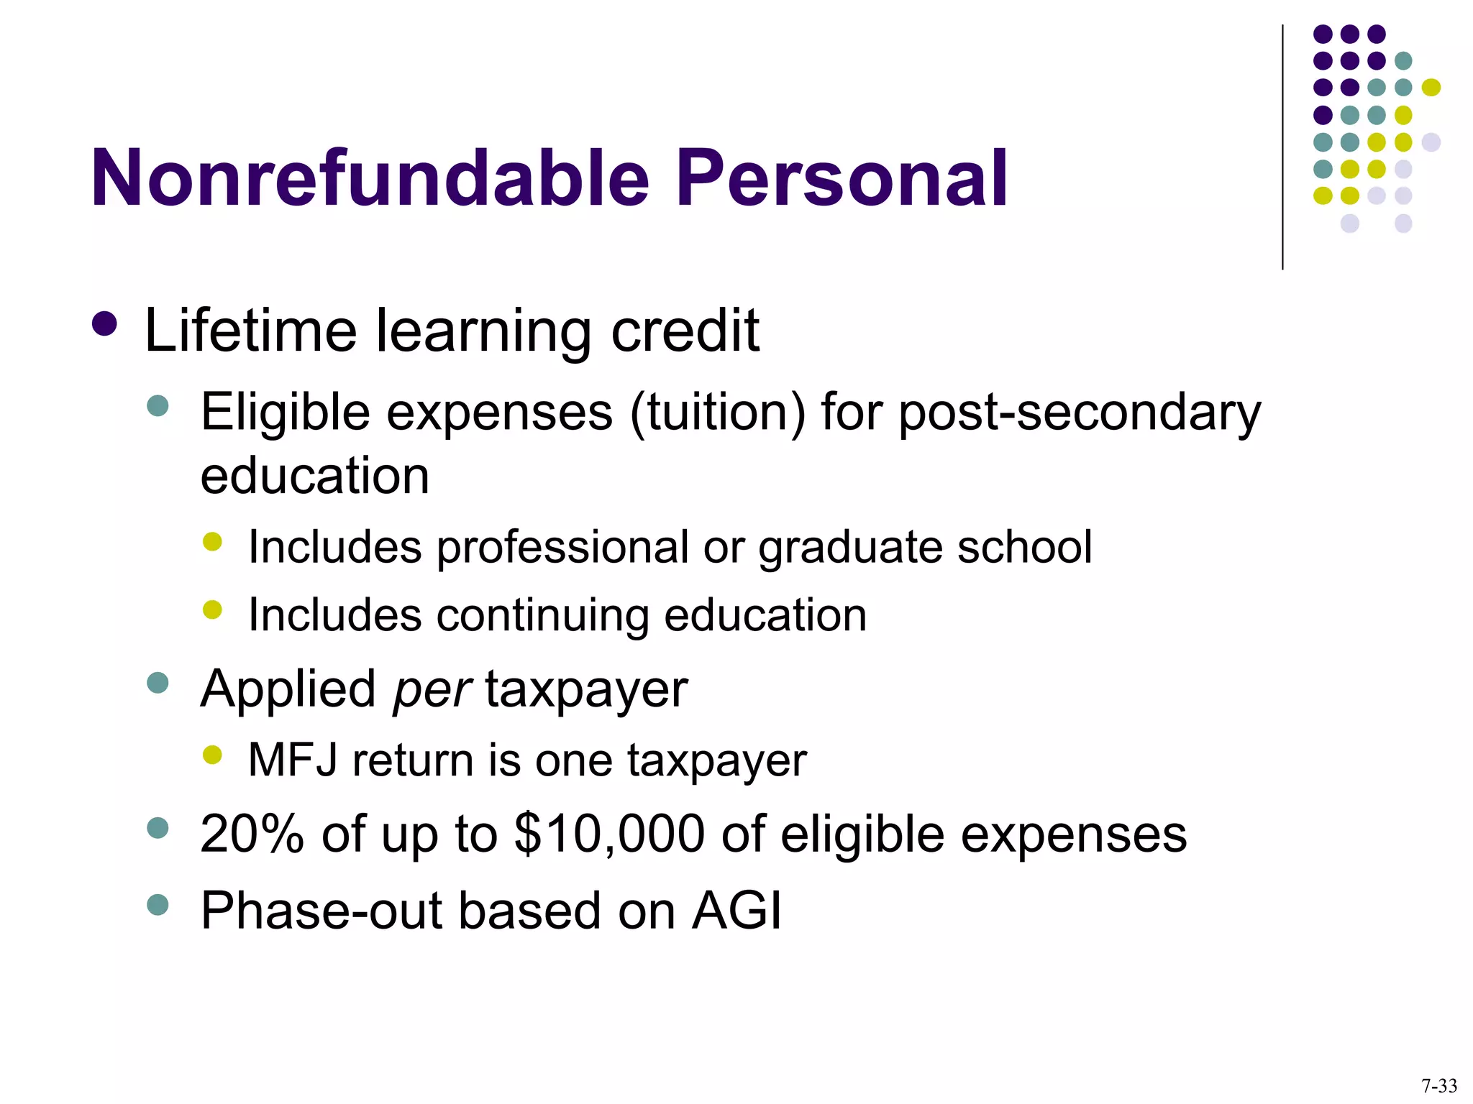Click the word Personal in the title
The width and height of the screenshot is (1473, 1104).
click(842, 178)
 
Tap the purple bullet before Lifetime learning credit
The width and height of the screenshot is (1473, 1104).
click(105, 324)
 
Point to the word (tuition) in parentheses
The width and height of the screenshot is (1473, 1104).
click(717, 413)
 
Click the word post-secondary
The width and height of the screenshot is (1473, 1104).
click(1080, 414)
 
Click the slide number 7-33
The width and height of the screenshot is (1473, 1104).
click(1439, 1085)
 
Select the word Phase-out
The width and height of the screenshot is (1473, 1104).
click(321, 911)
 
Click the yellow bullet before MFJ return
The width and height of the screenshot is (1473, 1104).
click(212, 755)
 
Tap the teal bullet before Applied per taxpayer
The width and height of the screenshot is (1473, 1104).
click(157, 683)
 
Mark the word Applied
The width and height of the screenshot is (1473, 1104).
click(288, 690)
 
